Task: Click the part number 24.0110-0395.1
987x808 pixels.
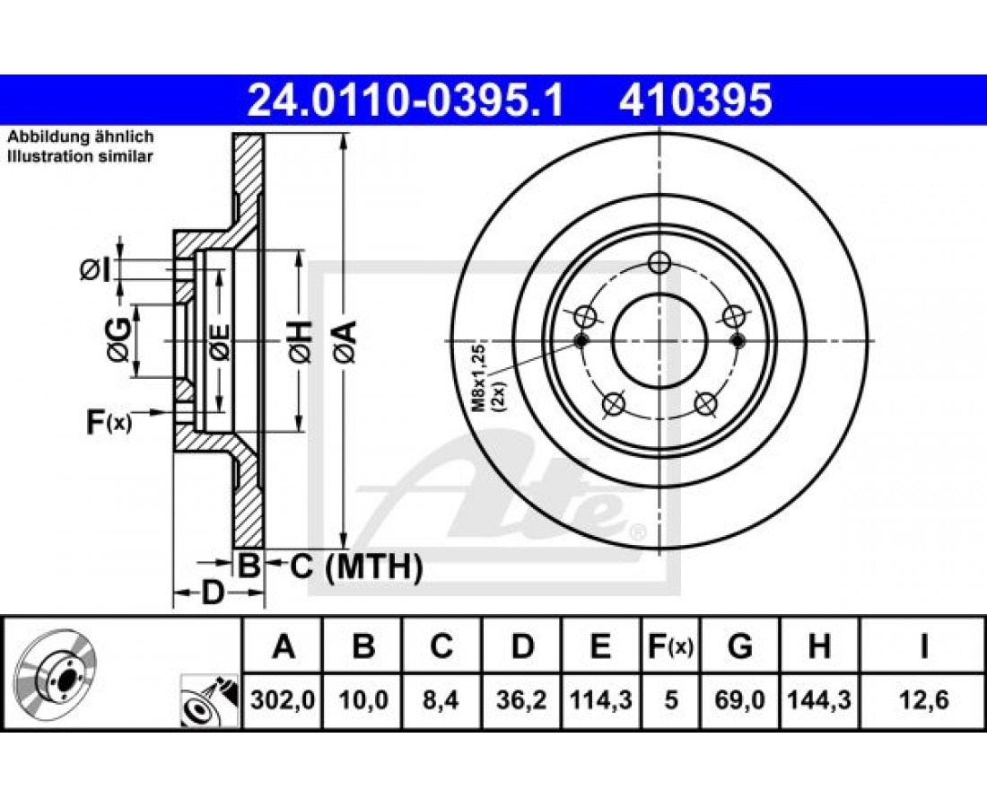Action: (406, 101)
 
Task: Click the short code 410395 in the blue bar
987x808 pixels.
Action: (694, 101)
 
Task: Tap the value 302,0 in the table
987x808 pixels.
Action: (283, 699)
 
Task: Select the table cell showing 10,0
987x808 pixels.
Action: (363, 699)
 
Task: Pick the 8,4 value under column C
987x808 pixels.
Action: (441, 699)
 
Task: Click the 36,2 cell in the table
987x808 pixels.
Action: (522, 699)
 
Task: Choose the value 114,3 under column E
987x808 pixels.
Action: (601, 699)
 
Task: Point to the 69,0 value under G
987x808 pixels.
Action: (740, 699)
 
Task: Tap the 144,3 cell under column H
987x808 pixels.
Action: (819, 699)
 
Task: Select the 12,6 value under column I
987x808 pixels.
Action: (923, 699)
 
